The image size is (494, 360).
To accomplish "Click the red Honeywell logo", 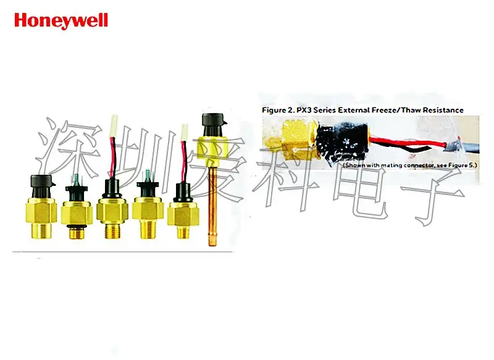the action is pos(61,20).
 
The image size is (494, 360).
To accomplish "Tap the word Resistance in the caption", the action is pos(439,109).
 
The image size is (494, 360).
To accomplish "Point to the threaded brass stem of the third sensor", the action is pos(112,232).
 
